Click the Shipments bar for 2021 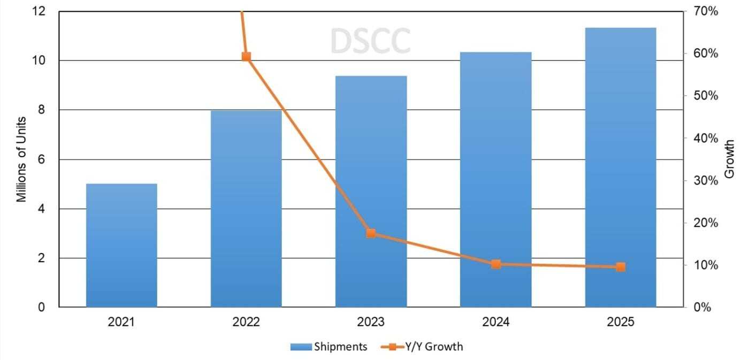click(x=121, y=246)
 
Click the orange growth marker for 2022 click(x=246, y=57)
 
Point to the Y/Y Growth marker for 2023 click(x=371, y=233)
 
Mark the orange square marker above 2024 click(x=496, y=264)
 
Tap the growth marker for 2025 click(x=621, y=267)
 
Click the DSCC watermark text click(x=370, y=41)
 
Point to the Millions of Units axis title click(x=21, y=159)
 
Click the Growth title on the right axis click(x=729, y=159)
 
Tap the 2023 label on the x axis click(x=371, y=322)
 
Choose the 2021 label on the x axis click(x=121, y=322)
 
